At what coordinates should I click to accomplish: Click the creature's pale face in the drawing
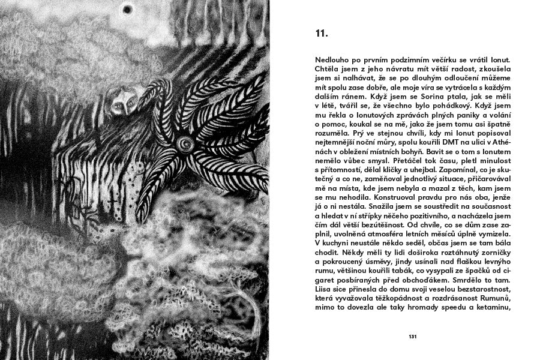pos(121,103)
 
